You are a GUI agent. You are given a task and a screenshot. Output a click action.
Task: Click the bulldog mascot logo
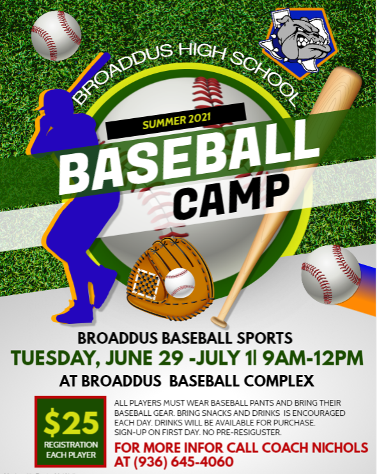pos(299,42)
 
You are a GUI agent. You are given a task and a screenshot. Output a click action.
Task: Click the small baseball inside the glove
pos(180,282)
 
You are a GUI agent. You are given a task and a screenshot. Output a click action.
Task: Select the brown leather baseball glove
pos(170,277)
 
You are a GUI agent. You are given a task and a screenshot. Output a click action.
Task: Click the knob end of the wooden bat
pos(219,322)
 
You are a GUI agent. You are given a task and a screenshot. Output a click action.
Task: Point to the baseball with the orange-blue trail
pos(331,275)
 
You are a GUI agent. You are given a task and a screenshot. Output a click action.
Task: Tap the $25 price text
pos(72,422)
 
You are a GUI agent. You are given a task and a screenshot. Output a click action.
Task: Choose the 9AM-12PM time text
pos(312,358)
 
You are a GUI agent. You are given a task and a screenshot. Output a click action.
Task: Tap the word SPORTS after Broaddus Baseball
pos(265,339)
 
